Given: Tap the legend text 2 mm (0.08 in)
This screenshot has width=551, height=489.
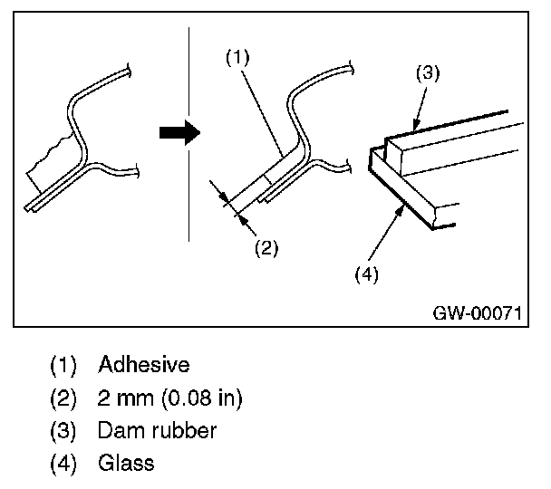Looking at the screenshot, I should tap(169, 398).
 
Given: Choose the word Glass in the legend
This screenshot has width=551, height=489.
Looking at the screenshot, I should tap(126, 463).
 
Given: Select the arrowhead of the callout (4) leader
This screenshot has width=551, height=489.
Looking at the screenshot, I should tap(399, 206).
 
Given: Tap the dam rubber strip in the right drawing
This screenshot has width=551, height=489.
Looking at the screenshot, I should tap(453, 136).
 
